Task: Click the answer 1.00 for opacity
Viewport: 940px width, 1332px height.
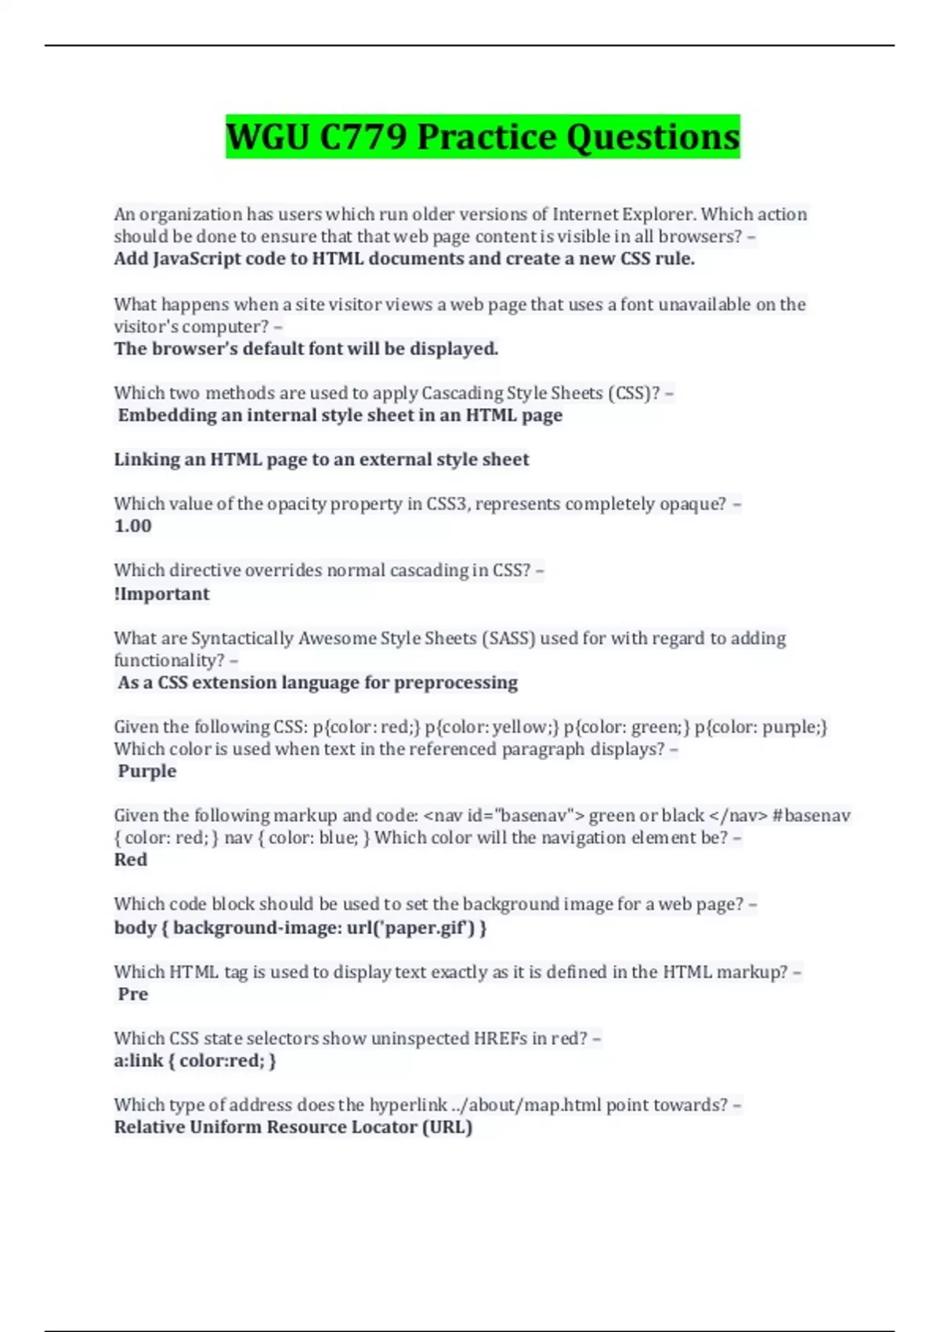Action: tap(132, 526)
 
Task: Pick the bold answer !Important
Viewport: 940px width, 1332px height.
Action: tap(161, 594)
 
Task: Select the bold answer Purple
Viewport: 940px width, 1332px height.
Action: tap(147, 771)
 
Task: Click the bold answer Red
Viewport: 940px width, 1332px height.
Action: tap(130, 860)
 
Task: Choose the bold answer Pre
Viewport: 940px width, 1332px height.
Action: tap(132, 994)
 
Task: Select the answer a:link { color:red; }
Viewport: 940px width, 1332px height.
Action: tap(195, 1061)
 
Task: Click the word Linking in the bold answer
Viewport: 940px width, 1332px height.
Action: tap(146, 459)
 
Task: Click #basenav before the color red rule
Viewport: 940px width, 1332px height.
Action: tap(812, 816)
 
